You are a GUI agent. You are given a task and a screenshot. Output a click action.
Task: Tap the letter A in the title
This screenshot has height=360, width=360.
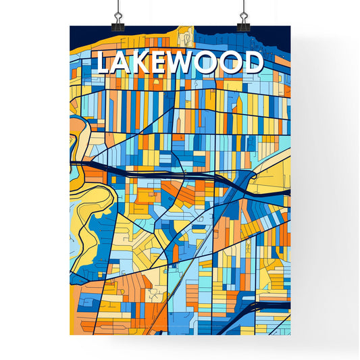click(123, 63)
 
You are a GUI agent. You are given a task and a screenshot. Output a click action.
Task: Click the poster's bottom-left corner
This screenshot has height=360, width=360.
click(71, 334)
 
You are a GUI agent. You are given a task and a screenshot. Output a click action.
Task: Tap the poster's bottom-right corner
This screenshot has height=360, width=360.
click(290, 334)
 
